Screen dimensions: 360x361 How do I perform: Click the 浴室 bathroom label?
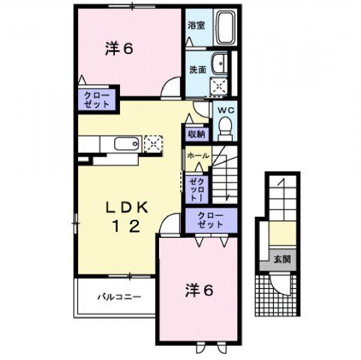(196, 24)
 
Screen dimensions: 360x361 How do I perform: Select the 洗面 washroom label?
(197, 70)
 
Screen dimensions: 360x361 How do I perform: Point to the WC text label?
(225, 110)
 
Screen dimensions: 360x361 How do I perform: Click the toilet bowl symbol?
(225, 128)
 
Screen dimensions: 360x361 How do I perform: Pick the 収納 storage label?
(197, 134)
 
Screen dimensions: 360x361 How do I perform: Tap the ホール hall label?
(197, 155)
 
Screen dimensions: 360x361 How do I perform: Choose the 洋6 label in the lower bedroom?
(200, 289)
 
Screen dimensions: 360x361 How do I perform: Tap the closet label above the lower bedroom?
(211, 220)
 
